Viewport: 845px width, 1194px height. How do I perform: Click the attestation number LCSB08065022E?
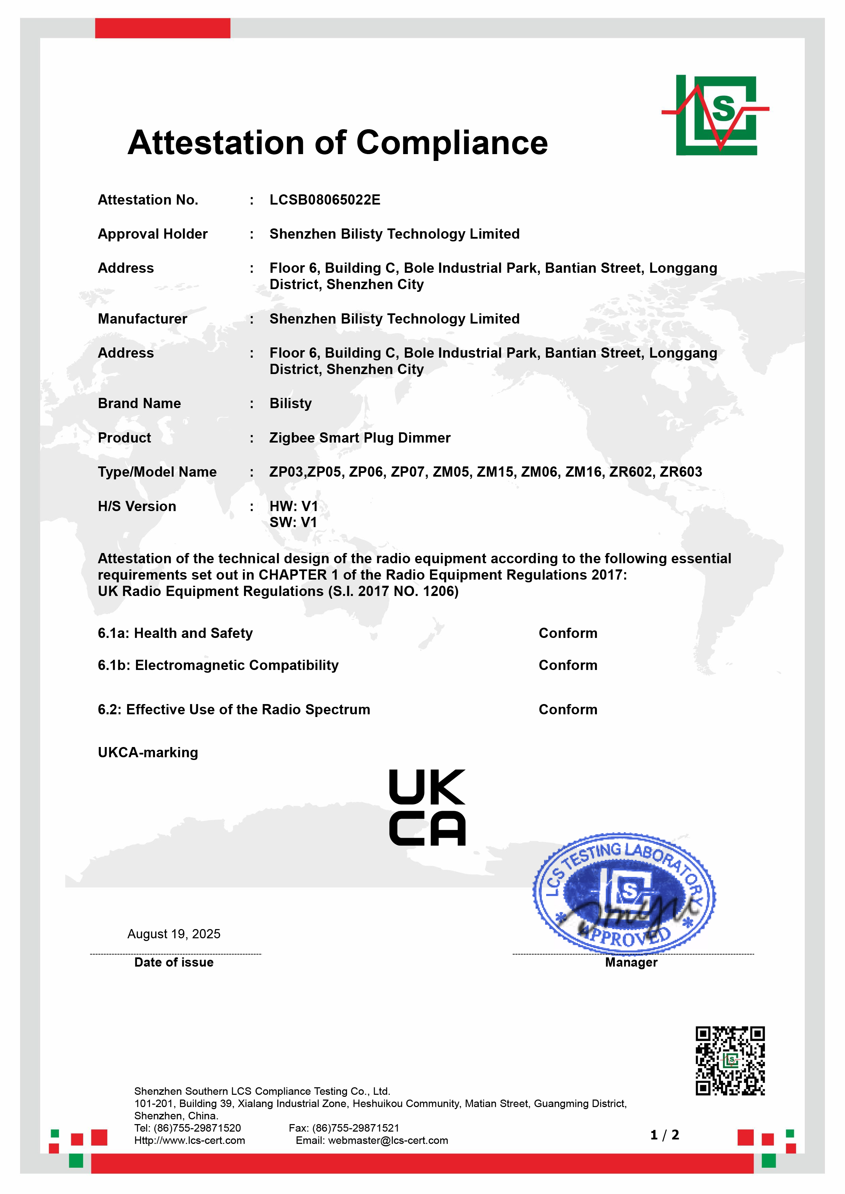[x=325, y=200]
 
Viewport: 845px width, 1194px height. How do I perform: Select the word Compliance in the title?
[x=452, y=143]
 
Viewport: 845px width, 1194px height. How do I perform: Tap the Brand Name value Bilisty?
[x=290, y=404]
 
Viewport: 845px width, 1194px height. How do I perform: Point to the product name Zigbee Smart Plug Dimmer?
[x=359, y=438]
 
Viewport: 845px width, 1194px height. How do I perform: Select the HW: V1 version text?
[x=293, y=506]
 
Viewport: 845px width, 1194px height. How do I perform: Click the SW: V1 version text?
[x=293, y=522]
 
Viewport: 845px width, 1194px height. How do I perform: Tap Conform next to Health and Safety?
[x=568, y=633]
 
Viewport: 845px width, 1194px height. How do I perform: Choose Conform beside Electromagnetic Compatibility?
[x=568, y=666]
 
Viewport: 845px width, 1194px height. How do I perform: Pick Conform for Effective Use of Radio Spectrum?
[x=568, y=710]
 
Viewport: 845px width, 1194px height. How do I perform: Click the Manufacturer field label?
[x=142, y=319]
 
